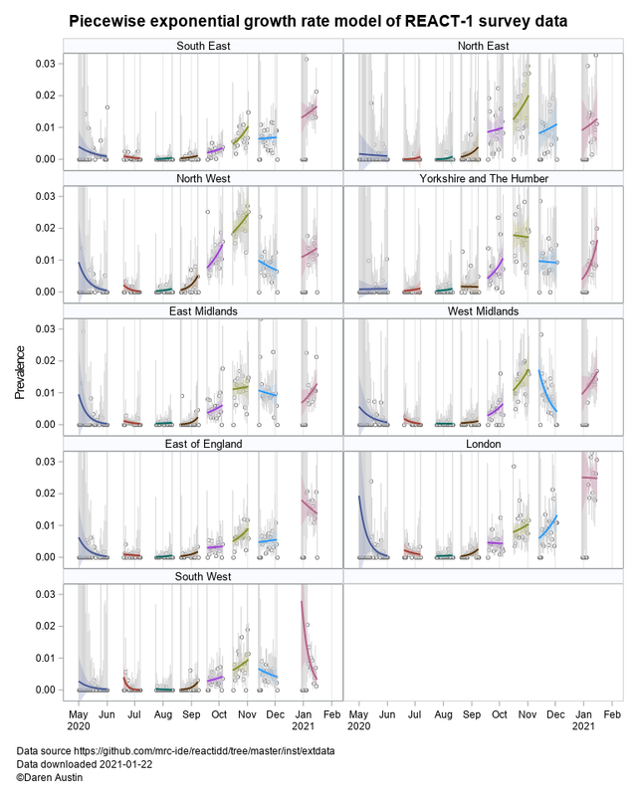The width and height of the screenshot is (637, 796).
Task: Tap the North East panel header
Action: click(485, 46)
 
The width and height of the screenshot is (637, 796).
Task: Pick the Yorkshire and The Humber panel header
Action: click(485, 178)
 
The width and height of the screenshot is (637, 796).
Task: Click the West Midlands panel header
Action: click(485, 311)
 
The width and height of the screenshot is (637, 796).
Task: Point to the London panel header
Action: click(485, 444)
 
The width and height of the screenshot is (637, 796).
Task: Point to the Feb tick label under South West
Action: click(331, 715)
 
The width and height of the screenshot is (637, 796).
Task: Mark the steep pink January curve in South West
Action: click(307, 637)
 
